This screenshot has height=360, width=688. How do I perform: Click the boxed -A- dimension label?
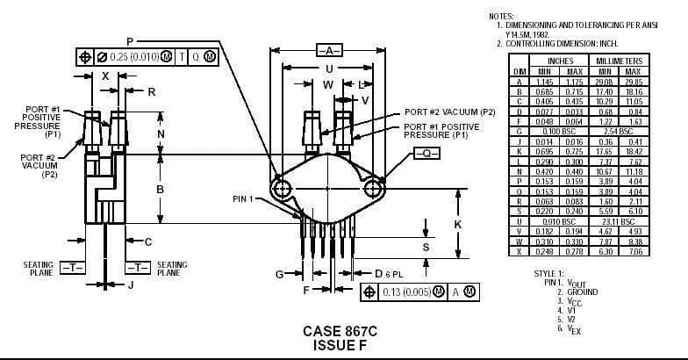click(x=329, y=51)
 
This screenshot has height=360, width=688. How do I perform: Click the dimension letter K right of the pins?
click(x=458, y=224)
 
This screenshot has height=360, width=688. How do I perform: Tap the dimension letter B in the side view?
click(x=161, y=190)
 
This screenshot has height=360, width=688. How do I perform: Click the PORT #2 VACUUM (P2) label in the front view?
click(x=450, y=112)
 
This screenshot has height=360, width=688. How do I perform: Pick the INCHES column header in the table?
click(x=560, y=61)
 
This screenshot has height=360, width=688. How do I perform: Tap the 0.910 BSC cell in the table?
click(x=560, y=221)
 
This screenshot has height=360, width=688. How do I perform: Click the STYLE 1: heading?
click(x=549, y=274)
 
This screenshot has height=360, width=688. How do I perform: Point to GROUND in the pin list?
click(x=583, y=292)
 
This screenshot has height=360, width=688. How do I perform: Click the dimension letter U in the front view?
click(x=328, y=68)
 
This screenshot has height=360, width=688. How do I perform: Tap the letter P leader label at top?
click(x=129, y=41)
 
